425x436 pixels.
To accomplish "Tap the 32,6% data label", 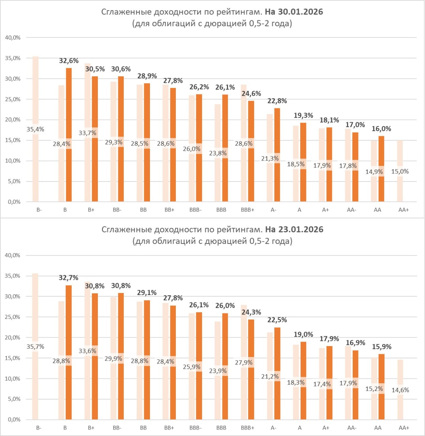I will [69, 61].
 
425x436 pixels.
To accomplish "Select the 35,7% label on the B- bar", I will [35, 347].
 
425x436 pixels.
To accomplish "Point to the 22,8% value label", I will [277, 101].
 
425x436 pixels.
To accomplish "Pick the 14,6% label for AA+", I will [400, 390].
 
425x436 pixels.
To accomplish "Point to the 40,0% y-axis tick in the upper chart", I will [13, 37].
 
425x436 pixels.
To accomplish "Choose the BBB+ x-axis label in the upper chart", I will [247, 210].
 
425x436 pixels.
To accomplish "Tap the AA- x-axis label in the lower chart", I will [352, 428].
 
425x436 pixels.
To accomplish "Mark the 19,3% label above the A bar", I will [303, 115].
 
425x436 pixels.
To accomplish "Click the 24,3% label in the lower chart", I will [251, 312].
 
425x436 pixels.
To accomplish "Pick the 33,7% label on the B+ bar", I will [88, 133].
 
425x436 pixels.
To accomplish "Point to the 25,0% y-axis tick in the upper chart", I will [13, 99].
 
